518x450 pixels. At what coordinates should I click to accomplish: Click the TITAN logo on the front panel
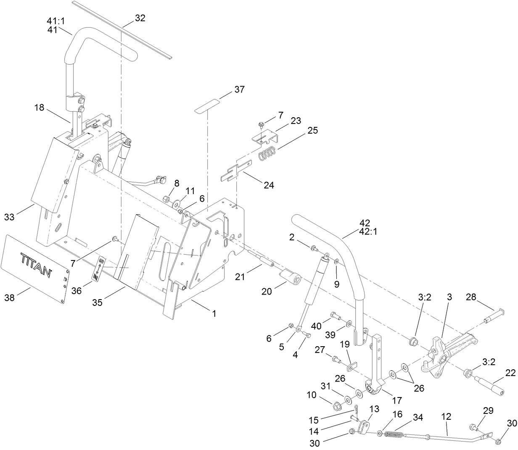point(36,265)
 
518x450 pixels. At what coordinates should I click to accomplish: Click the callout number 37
point(240,89)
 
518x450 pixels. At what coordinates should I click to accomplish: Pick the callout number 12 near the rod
point(446,417)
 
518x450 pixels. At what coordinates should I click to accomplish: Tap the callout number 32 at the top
point(140,18)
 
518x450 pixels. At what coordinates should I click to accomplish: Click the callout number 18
point(40,108)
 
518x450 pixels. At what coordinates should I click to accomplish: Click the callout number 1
point(214,313)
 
